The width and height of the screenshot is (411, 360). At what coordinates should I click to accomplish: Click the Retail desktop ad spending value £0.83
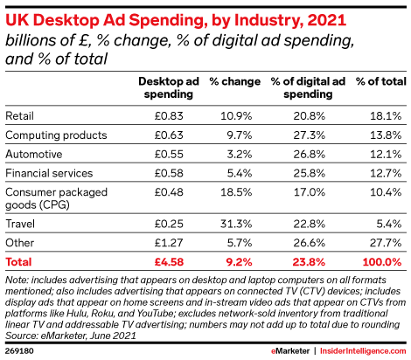[x=169, y=116]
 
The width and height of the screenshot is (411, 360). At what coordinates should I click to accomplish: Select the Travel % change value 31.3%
[x=236, y=224]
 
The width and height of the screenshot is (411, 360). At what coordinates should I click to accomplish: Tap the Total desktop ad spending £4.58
[x=169, y=262]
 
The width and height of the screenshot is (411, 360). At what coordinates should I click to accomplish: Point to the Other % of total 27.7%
[x=386, y=243]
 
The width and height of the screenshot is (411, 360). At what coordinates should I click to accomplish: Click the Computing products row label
[x=56, y=135]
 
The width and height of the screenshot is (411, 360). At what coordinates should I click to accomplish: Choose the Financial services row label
[x=49, y=173]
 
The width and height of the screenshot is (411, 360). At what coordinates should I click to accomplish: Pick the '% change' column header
[x=235, y=81]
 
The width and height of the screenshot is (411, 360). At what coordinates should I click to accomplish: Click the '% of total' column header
[x=381, y=81]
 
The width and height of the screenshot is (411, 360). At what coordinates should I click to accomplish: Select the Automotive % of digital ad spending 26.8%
[x=309, y=154]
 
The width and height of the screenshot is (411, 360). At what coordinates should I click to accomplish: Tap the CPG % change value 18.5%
[x=236, y=192]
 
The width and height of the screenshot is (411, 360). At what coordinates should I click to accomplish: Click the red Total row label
[x=18, y=262]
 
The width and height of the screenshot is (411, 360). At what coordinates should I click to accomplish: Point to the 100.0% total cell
[x=382, y=262]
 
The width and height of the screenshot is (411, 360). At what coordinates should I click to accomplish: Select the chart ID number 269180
[x=19, y=350]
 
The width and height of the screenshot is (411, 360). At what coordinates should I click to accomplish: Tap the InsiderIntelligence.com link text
[x=363, y=351]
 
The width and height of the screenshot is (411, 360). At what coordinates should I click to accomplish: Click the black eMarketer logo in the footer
[x=290, y=351]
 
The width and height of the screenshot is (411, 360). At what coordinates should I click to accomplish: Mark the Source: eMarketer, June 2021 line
[x=71, y=336]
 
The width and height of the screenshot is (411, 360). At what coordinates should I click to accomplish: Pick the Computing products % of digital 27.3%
[x=309, y=135]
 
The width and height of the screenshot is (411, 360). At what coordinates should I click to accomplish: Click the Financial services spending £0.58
[x=169, y=173]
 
